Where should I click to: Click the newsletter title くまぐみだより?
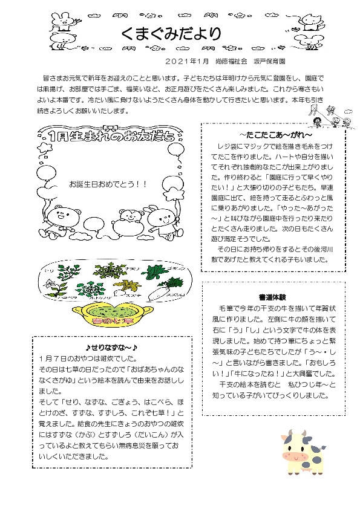(171, 34)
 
